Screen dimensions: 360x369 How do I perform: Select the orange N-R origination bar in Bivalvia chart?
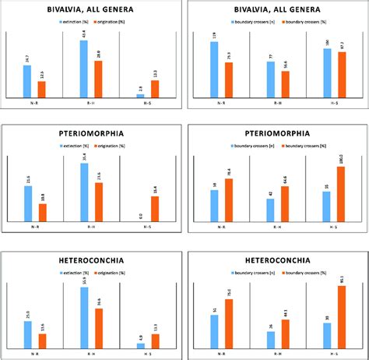point(41,89)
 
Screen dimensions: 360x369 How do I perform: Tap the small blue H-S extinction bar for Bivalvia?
point(141,95)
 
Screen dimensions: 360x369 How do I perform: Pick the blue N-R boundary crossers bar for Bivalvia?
point(214,69)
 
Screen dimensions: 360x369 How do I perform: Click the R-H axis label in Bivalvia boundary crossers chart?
point(276,103)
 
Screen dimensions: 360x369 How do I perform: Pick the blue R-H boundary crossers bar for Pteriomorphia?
point(270,210)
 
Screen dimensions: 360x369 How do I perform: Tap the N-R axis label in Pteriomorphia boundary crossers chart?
point(221,227)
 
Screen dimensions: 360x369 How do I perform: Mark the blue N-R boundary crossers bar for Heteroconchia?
point(214,330)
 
